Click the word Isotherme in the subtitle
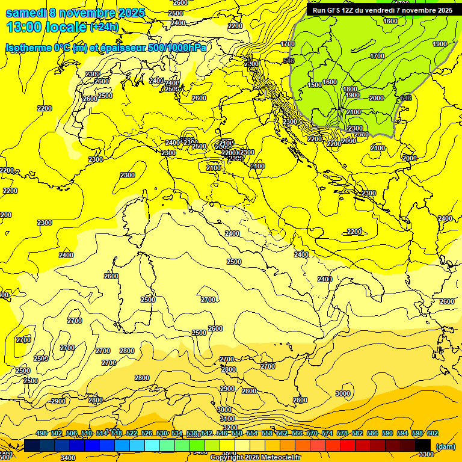29,48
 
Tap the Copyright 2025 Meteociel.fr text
256,458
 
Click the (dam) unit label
445,446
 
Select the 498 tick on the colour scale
42,433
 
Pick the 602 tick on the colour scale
432,433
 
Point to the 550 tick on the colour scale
236,433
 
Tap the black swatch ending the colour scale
423,445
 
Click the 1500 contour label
315,85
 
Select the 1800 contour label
350,89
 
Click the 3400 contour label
68,458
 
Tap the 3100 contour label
227,419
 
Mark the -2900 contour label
57,401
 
